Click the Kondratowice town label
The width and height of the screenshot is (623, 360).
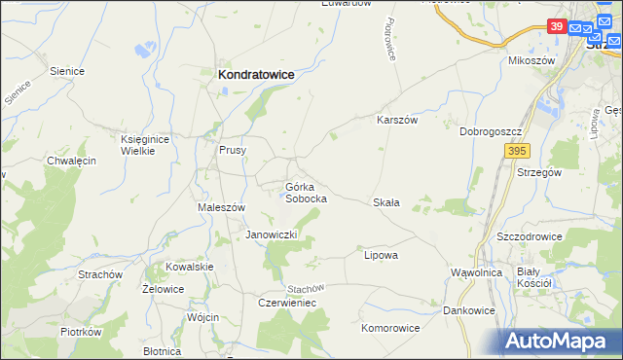(256, 74)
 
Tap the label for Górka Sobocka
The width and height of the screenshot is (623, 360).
(305, 192)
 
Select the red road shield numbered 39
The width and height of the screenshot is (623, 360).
(556, 26)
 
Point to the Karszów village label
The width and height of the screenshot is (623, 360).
(397, 120)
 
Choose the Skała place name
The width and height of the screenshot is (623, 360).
(386, 202)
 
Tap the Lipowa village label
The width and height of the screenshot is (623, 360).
(381, 255)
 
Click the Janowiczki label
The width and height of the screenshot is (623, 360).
(276, 235)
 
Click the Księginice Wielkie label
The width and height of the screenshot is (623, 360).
(145, 145)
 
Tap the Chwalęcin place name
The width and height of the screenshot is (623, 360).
(71, 161)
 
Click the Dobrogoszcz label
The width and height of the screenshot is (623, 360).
(494, 130)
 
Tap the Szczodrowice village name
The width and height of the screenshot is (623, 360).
(531, 236)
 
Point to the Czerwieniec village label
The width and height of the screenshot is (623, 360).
(287, 303)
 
